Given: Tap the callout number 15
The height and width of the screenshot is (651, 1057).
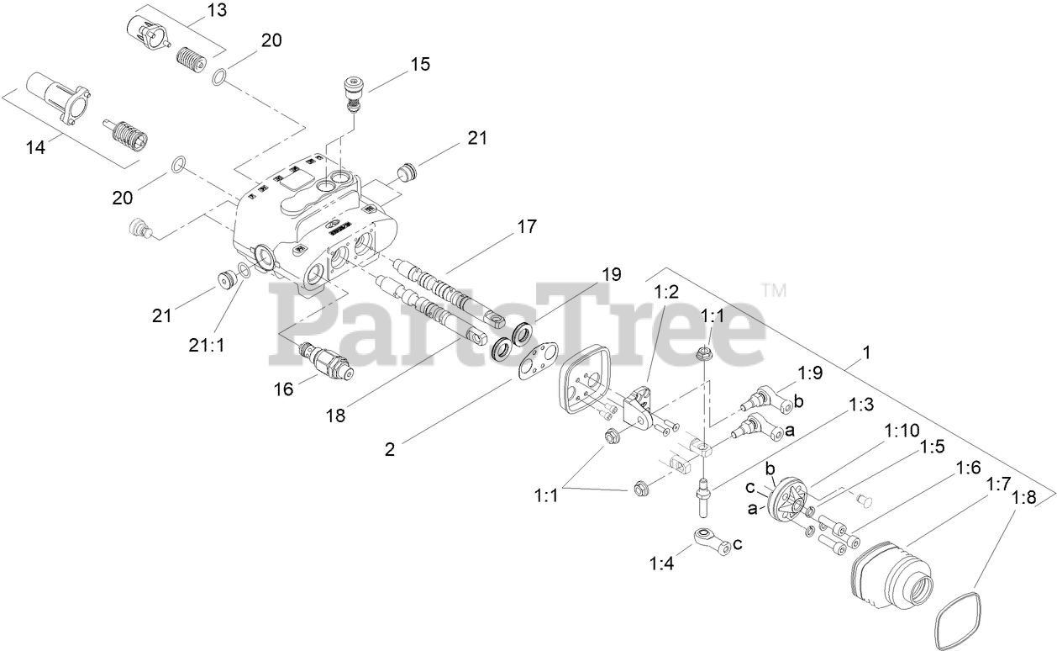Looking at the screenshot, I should point(420,64).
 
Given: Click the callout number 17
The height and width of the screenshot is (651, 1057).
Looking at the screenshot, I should point(527,226).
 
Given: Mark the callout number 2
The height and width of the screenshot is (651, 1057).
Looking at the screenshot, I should point(389,449).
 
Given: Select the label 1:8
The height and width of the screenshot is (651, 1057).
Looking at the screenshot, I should point(1023,497).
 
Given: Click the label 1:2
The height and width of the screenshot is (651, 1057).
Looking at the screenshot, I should point(665,292).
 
